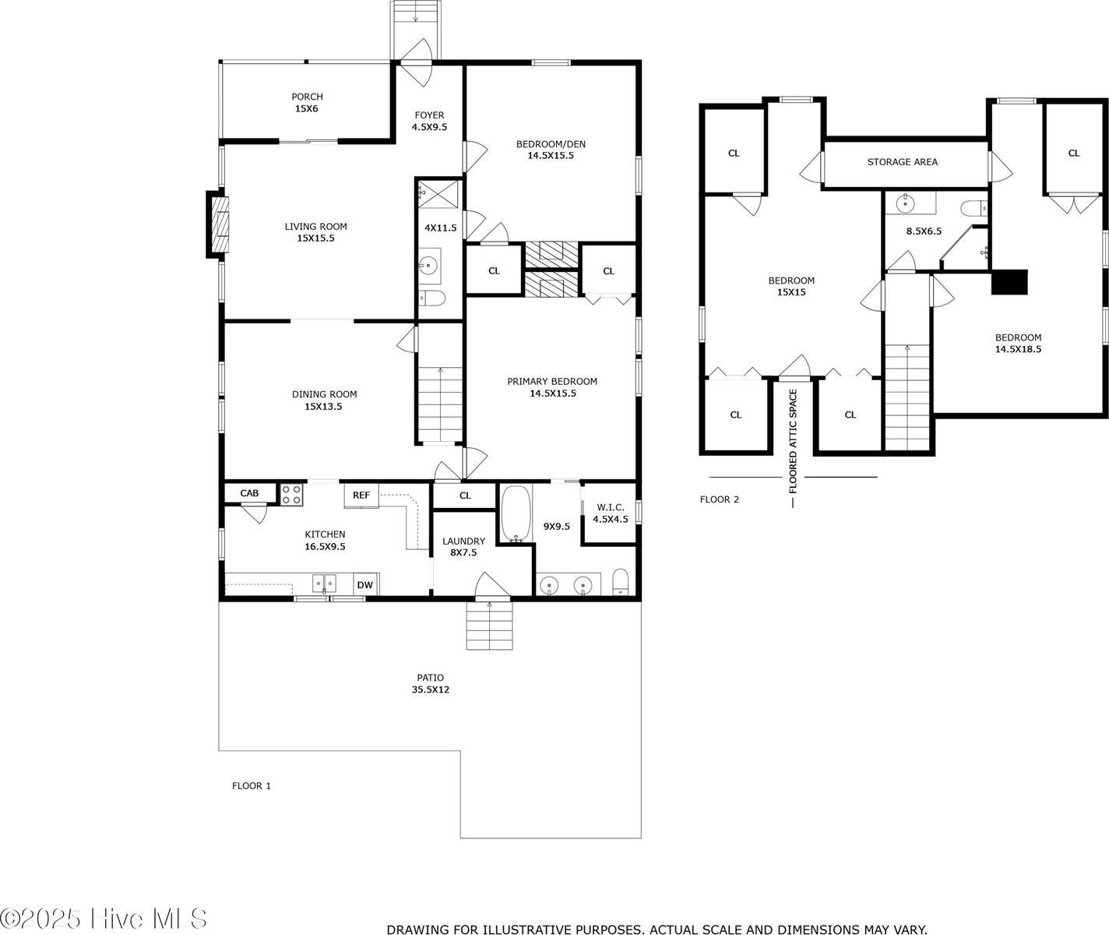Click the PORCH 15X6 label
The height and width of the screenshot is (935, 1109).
pos(306,103)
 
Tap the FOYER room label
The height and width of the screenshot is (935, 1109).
pos(429,122)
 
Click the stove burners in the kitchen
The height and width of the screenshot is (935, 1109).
pos(291,495)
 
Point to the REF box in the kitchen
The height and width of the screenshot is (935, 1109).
pos(361,496)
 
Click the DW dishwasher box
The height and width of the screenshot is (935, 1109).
pos(364,585)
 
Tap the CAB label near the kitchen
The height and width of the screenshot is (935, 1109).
pos(249,493)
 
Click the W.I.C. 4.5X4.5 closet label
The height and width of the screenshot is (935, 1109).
pos(610,513)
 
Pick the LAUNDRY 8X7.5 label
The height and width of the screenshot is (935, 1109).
pos(463,547)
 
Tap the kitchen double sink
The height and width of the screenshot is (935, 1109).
pos(324,584)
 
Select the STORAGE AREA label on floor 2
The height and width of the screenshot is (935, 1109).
pos(902,162)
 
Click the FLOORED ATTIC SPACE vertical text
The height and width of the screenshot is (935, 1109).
pos(793,443)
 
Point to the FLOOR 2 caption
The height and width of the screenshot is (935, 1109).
pos(719,499)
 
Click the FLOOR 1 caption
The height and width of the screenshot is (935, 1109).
pos(252,785)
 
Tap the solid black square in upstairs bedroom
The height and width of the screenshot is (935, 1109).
pos(1009,281)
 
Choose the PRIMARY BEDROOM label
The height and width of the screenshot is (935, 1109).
pos(552,387)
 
